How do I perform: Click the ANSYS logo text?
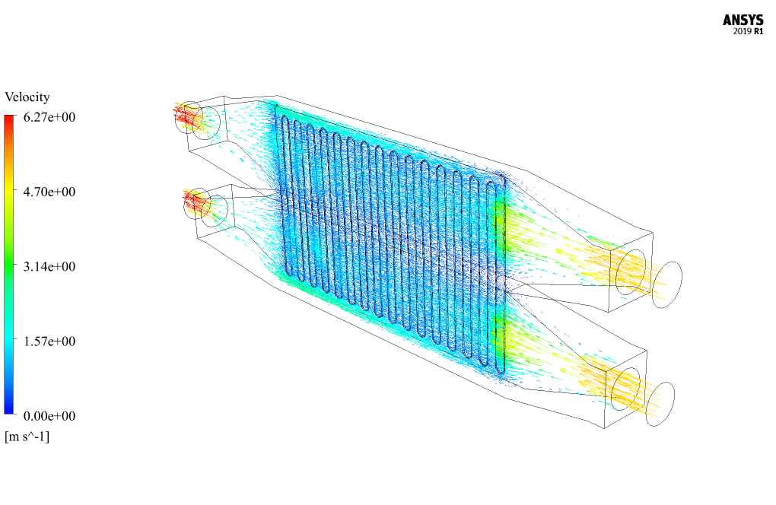coord(743,21)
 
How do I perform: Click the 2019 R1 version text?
coord(749,32)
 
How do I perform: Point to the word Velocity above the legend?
coord(27,97)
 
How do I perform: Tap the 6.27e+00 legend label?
coord(49,117)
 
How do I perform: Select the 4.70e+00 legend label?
coord(49,192)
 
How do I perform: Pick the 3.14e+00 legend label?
coord(49,267)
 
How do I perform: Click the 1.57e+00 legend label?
coord(49,341)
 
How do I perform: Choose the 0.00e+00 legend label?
coord(49,416)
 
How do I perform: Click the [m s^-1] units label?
coord(27,437)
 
